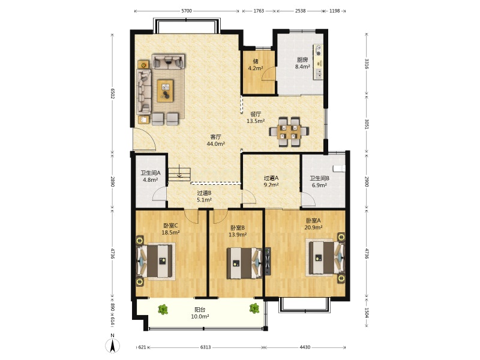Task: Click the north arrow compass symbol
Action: (x=112, y=346)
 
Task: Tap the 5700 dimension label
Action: (x=187, y=11)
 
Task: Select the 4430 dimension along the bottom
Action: (x=305, y=347)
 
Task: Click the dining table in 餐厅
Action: (x=289, y=131)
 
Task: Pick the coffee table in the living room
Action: (x=165, y=91)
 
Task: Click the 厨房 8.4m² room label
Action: (x=302, y=63)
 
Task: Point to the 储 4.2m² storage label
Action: (x=256, y=65)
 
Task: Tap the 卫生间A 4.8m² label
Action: (x=151, y=176)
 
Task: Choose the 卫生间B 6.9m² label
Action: (x=319, y=182)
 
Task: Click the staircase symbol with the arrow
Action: (x=179, y=174)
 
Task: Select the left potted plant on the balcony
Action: (x=163, y=309)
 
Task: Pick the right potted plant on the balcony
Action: (x=254, y=308)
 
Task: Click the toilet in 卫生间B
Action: (x=339, y=169)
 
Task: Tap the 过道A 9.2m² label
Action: (x=271, y=181)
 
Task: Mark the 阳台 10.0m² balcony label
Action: (x=200, y=313)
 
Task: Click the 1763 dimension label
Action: (x=259, y=11)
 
